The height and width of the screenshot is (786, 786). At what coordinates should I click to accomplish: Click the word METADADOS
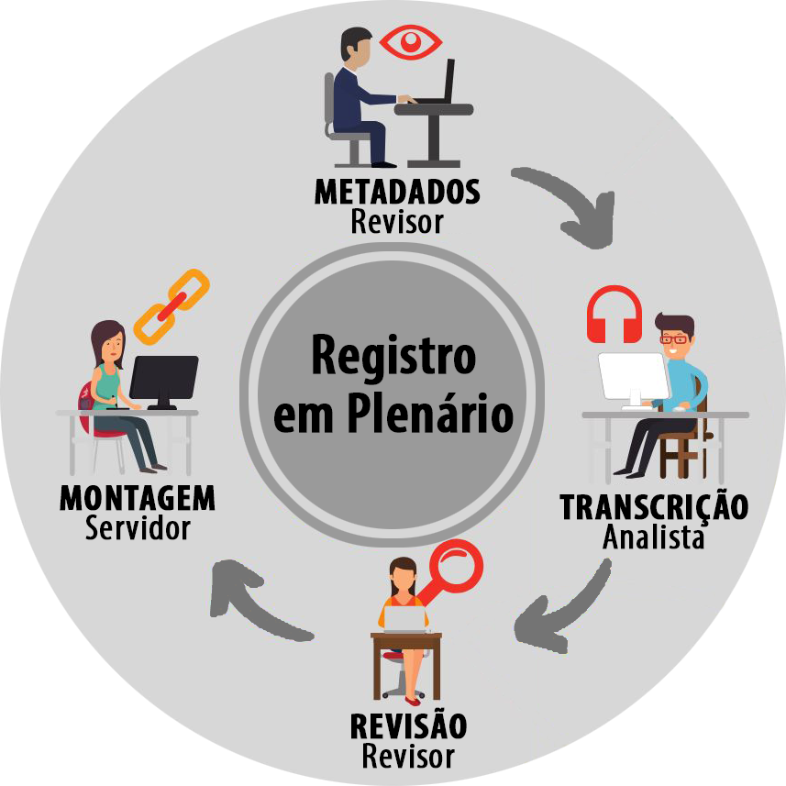coord(397,193)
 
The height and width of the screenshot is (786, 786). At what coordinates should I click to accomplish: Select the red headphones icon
coord(614,315)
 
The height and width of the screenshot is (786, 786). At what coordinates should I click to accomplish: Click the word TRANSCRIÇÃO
coord(654,506)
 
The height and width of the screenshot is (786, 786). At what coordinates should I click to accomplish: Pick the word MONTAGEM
coord(138,499)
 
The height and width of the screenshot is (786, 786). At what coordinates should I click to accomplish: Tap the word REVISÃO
coord(408,726)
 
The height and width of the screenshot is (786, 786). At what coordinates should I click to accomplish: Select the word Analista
coord(654,536)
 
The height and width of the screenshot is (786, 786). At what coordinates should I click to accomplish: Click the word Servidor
coord(138,528)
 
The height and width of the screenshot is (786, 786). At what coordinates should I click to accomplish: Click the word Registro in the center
coord(393,355)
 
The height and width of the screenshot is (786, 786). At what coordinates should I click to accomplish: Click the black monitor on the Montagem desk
coord(163,378)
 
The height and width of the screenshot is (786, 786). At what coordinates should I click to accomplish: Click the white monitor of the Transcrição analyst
coord(634,375)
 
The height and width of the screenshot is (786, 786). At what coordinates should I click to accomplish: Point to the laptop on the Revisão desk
coord(405,619)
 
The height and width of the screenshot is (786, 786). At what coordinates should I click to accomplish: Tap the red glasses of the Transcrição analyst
coord(674,339)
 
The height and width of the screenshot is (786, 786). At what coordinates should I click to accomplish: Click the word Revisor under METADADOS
coord(397,221)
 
